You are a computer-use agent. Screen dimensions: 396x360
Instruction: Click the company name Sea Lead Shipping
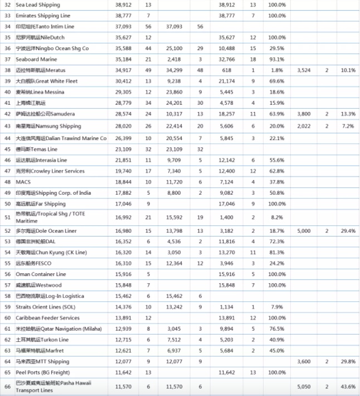[x=38, y=4]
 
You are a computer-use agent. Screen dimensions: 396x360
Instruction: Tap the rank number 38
[x=7, y=70]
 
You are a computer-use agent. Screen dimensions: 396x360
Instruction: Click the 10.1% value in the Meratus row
[x=348, y=70]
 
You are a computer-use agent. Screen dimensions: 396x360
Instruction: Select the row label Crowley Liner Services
[x=50, y=171]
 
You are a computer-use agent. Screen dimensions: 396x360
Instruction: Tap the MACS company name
[x=23, y=182]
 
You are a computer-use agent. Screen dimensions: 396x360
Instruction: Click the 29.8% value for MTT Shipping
[x=348, y=361]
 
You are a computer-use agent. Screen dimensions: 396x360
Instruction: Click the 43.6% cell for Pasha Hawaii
[x=348, y=386]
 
